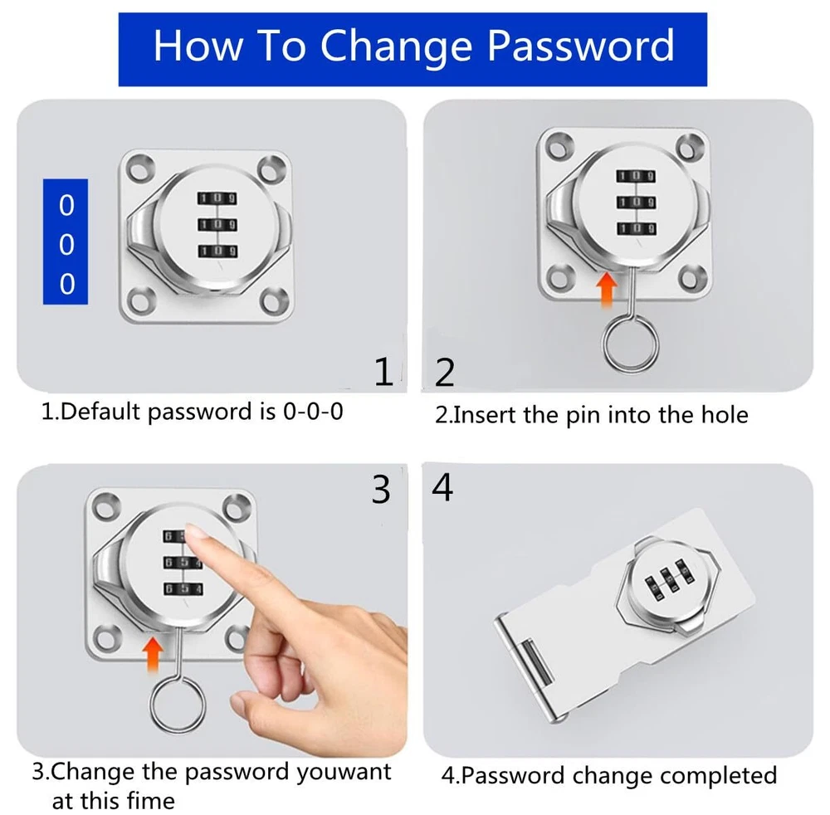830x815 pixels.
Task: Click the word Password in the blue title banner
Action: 581,46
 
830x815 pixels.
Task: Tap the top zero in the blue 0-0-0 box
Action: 66,206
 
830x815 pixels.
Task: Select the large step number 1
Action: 384,372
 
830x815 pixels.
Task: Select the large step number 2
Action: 445,373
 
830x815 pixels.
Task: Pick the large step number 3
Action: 381,490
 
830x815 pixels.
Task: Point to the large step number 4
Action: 442,487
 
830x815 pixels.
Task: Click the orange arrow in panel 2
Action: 607,289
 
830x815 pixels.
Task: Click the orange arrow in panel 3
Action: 153,654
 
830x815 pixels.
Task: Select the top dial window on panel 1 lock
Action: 217,198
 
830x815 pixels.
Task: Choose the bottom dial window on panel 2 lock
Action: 637,228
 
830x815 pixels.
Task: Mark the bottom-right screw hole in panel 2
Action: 693,277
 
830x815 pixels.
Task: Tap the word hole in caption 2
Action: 725,414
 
